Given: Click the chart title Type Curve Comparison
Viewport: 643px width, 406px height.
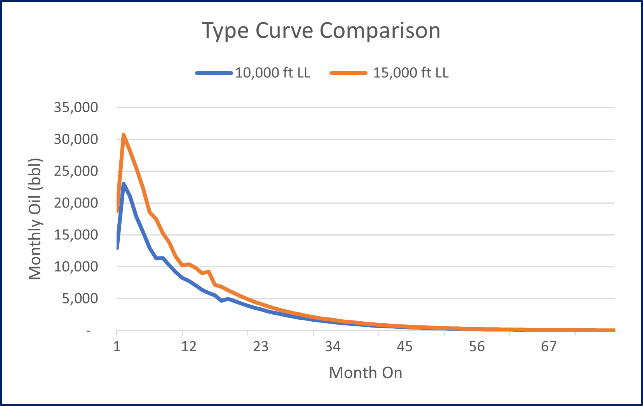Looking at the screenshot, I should pyautogui.click(x=321, y=31).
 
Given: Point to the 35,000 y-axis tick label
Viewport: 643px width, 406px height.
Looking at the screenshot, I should pyautogui.click(x=76, y=107).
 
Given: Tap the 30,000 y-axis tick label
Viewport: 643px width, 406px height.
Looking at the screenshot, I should pyautogui.click(x=76, y=139).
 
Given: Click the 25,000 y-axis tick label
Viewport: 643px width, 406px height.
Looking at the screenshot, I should pyautogui.click(x=76, y=171).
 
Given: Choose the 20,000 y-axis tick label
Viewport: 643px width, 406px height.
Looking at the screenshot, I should pyautogui.click(x=76, y=203).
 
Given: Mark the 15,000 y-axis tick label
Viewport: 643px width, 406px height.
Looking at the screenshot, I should pyautogui.click(x=76, y=235).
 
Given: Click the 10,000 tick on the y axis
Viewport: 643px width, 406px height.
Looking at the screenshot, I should pyautogui.click(x=76, y=267).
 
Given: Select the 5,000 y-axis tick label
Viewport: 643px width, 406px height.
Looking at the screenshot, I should pyautogui.click(x=80, y=298).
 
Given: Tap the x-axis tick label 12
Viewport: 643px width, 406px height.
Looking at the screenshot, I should pyautogui.click(x=188, y=346).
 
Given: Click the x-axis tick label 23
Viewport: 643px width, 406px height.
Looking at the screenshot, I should pyautogui.click(x=260, y=346).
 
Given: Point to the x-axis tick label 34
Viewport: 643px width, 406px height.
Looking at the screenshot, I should pyautogui.click(x=333, y=346).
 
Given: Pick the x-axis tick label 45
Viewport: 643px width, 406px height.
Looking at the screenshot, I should pyautogui.click(x=404, y=346).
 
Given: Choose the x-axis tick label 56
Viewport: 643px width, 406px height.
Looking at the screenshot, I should pyautogui.click(x=476, y=346).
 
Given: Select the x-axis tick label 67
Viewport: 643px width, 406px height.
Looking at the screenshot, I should pyautogui.click(x=549, y=346).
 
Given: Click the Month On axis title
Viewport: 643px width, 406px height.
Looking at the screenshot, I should pyautogui.click(x=365, y=373).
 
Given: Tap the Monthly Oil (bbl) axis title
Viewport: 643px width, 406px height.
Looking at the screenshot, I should pyautogui.click(x=35, y=219).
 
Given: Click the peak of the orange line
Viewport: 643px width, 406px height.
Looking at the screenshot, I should pyautogui.click(x=124, y=135).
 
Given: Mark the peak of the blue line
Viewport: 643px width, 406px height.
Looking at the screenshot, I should pyautogui.click(x=124, y=184).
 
